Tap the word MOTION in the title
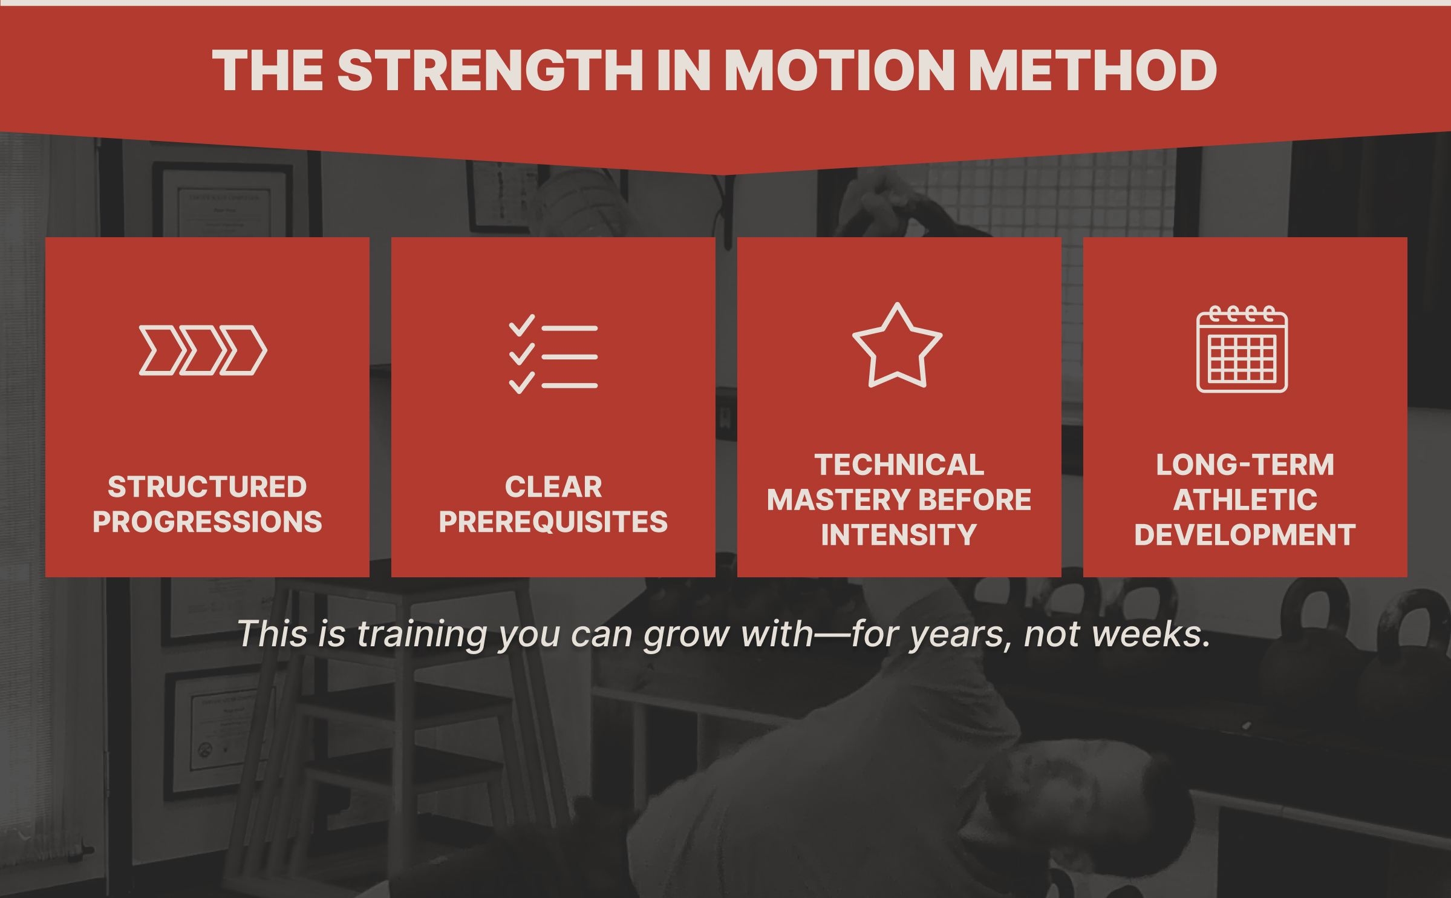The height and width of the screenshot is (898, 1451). [839, 70]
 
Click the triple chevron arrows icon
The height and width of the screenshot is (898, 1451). [203, 350]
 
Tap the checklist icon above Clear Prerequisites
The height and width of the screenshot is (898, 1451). [553, 354]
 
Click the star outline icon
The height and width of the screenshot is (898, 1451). [897, 346]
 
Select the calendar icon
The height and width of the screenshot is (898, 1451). [1242, 349]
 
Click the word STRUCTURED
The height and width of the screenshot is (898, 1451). [207, 487]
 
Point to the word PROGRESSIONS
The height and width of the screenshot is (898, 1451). [207, 522]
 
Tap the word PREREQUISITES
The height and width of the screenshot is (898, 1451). [553, 522]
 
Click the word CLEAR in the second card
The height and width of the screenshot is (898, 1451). [553, 487]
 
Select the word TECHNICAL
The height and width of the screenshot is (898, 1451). [899, 465]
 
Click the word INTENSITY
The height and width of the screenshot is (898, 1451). [899, 535]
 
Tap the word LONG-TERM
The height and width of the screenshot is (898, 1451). [1245, 465]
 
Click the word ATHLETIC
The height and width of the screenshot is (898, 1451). [1245, 500]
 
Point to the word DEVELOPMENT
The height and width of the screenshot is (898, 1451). [1245, 535]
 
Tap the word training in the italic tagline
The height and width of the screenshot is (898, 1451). [422, 635]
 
